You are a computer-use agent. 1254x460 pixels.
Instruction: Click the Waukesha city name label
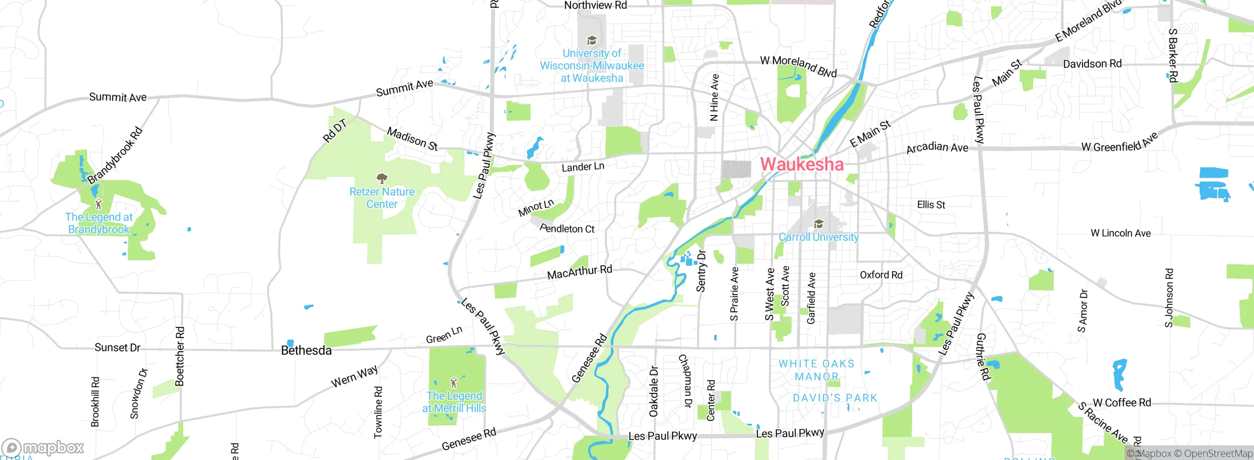click(x=802, y=164)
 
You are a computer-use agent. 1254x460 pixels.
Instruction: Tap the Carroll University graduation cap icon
click(x=818, y=224)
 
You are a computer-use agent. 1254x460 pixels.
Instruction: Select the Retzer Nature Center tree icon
click(x=382, y=178)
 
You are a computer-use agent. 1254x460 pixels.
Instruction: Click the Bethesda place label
click(x=306, y=350)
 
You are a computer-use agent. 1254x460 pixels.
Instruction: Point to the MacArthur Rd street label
click(x=579, y=272)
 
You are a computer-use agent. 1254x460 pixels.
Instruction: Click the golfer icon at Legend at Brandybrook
click(x=98, y=203)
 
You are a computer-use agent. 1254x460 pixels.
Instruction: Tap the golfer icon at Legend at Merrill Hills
click(x=454, y=382)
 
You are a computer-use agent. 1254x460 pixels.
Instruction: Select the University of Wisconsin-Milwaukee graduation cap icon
click(x=592, y=40)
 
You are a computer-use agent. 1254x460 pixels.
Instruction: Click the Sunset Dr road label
click(x=117, y=347)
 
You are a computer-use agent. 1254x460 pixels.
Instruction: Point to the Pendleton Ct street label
click(x=567, y=228)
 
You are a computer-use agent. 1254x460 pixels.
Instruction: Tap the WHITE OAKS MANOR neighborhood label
click(x=817, y=370)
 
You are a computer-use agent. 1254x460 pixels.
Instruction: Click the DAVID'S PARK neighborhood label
click(x=835, y=398)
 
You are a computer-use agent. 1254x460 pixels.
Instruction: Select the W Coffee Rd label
click(x=1122, y=403)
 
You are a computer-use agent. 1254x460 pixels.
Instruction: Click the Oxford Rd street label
click(x=881, y=275)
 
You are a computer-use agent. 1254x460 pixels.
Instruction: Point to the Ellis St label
click(x=931, y=205)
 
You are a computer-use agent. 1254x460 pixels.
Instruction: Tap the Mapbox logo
click(x=43, y=447)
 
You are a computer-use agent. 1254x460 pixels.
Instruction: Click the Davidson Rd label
click(x=1092, y=64)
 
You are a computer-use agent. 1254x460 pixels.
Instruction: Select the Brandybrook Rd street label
click(x=115, y=155)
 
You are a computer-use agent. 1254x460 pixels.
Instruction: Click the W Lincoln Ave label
click(x=1120, y=233)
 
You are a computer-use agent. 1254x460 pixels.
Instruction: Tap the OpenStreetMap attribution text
click(x=1218, y=454)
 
